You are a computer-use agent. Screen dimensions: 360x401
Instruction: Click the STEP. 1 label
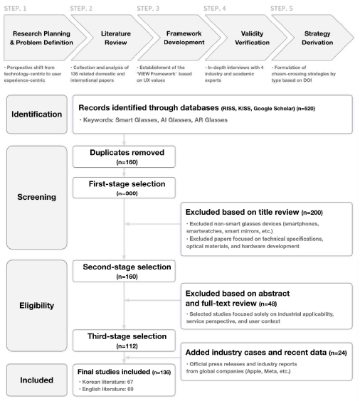[x=15, y=9]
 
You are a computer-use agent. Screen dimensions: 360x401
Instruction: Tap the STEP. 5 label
[x=282, y=9]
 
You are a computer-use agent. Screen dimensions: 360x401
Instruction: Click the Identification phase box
[x=37, y=114]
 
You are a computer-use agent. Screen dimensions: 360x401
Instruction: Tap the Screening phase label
[x=36, y=197]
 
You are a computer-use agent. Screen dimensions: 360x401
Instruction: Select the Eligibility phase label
[x=36, y=305]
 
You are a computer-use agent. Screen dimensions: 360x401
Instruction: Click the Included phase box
[x=37, y=380]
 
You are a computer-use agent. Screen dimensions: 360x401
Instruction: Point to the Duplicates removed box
[x=124, y=156]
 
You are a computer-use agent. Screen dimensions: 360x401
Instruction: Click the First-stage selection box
[x=124, y=188]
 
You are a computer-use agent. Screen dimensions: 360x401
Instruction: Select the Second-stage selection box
[x=124, y=271]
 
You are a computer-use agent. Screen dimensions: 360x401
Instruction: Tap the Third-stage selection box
[x=124, y=341]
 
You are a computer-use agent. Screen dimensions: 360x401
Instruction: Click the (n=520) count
[x=305, y=109]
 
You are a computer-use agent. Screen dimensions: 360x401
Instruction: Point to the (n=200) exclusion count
[x=312, y=213]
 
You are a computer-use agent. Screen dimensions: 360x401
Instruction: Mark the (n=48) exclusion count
[x=268, y=304]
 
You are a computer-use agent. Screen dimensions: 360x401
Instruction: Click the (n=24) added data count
[x=338, y=353]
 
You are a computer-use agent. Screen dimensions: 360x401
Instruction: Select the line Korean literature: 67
[x=107, y=382]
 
